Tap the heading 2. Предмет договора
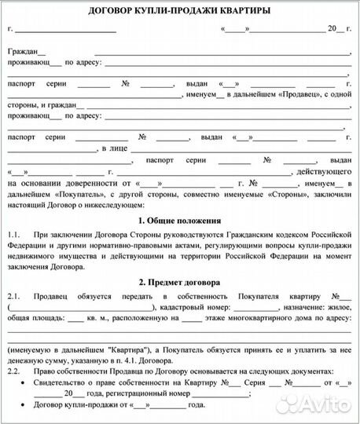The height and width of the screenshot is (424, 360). (179, 281)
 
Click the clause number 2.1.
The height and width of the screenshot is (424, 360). (14, 296)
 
